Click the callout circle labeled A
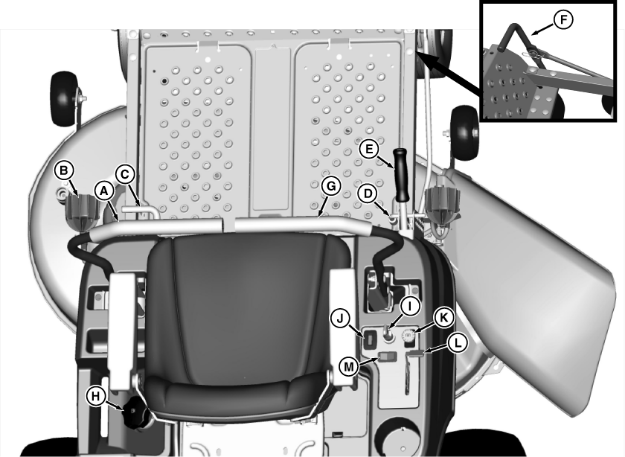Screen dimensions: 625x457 click(104, 192)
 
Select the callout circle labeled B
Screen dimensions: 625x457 click(64, 170)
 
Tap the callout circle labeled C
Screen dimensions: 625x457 click(125, 175)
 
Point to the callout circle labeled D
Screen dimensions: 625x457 click(368, 194)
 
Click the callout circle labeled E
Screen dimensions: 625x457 click(369, 149)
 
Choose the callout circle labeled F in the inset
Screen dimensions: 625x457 click(563, 19)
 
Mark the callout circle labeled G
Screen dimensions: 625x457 click(331, 186)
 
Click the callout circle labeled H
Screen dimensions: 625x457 click(96, 397)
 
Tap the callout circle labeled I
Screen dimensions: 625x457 click(410, 306)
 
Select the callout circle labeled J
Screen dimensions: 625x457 click(341, 319)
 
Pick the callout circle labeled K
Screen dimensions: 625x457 click(443, 318)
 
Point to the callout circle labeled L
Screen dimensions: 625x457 click(458, 343)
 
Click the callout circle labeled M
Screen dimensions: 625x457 click(349, 366)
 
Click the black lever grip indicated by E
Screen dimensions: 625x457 click(401, 175)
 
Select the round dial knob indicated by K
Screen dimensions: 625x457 click(408, 337)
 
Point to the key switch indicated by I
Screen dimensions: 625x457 click(388, 335)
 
